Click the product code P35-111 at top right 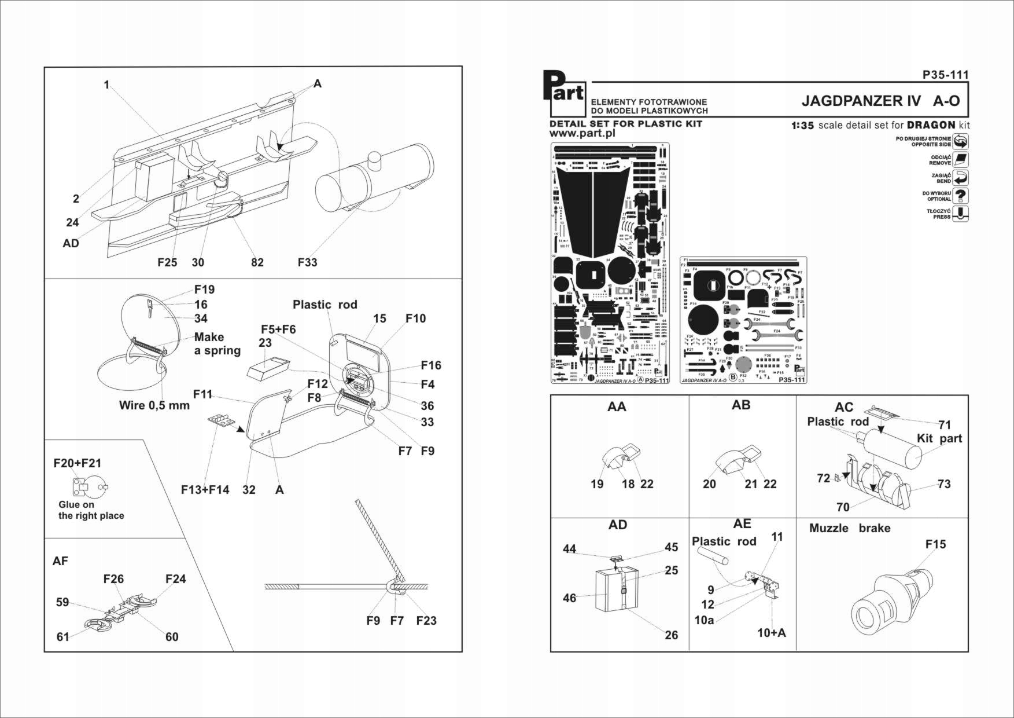pos(945,75)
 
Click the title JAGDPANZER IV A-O pos(880,101)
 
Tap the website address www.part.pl pos(582,134)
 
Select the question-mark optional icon pos(960,196)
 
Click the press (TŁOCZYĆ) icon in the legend pos(960,214)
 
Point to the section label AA pos(617,406)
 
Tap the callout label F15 pos(935,544)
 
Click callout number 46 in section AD pos(569,598)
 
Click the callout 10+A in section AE pos(772,633)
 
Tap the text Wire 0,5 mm pos(154,405)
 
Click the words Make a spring pos(217,343)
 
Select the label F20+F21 pos(77,463)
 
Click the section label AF pos(60,561)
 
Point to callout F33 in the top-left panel pos(307,262)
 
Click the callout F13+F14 pos(205,490)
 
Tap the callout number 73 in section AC pos(943,484)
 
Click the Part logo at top pos(565,93)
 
